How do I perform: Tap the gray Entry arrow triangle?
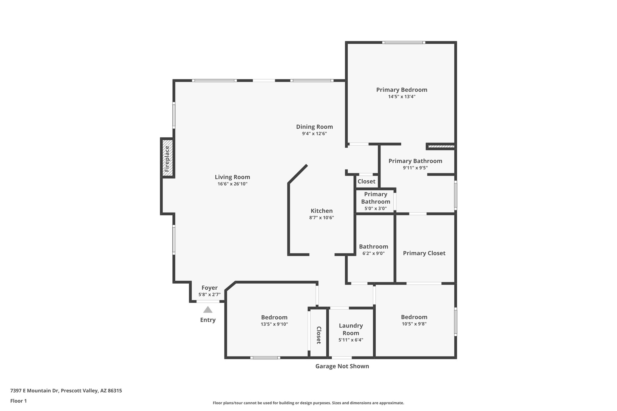(208, 310)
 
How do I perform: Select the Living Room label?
(232, 177)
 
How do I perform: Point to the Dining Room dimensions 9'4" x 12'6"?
(314, 134)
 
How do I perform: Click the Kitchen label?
(321, 211)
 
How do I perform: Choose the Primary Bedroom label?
(402, 90)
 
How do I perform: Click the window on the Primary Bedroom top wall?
(404, 42)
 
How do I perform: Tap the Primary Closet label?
(424, 253)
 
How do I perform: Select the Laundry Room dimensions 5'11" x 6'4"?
(351, 340)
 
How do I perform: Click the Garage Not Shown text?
(342, 366)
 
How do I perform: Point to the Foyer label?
(209, 288)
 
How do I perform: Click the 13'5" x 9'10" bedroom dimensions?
(274, 324)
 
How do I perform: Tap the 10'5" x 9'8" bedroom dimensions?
(414, 324)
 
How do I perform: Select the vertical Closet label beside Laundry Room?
(318, 335)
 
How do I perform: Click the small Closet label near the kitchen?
(366, 181)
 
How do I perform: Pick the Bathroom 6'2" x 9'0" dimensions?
(373, 254)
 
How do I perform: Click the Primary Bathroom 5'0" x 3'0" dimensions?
(375, 208)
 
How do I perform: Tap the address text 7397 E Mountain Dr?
(66, 391)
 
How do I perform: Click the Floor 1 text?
(18, 401)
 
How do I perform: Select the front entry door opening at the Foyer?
(208, 301)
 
